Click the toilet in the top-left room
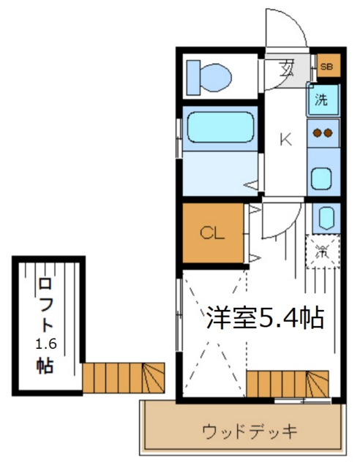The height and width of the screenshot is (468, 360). point(209,75)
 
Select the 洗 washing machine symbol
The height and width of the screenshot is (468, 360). point(322,100)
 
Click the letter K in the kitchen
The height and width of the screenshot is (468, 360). point(285,139)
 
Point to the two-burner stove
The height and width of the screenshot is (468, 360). point(323,132)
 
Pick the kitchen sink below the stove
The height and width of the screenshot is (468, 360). point(322,178)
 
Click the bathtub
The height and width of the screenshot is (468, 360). point(218,127)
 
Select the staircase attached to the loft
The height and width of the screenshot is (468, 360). point(124,377)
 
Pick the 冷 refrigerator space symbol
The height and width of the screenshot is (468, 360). point(322,253)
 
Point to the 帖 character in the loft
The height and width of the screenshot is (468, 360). point(45,365)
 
